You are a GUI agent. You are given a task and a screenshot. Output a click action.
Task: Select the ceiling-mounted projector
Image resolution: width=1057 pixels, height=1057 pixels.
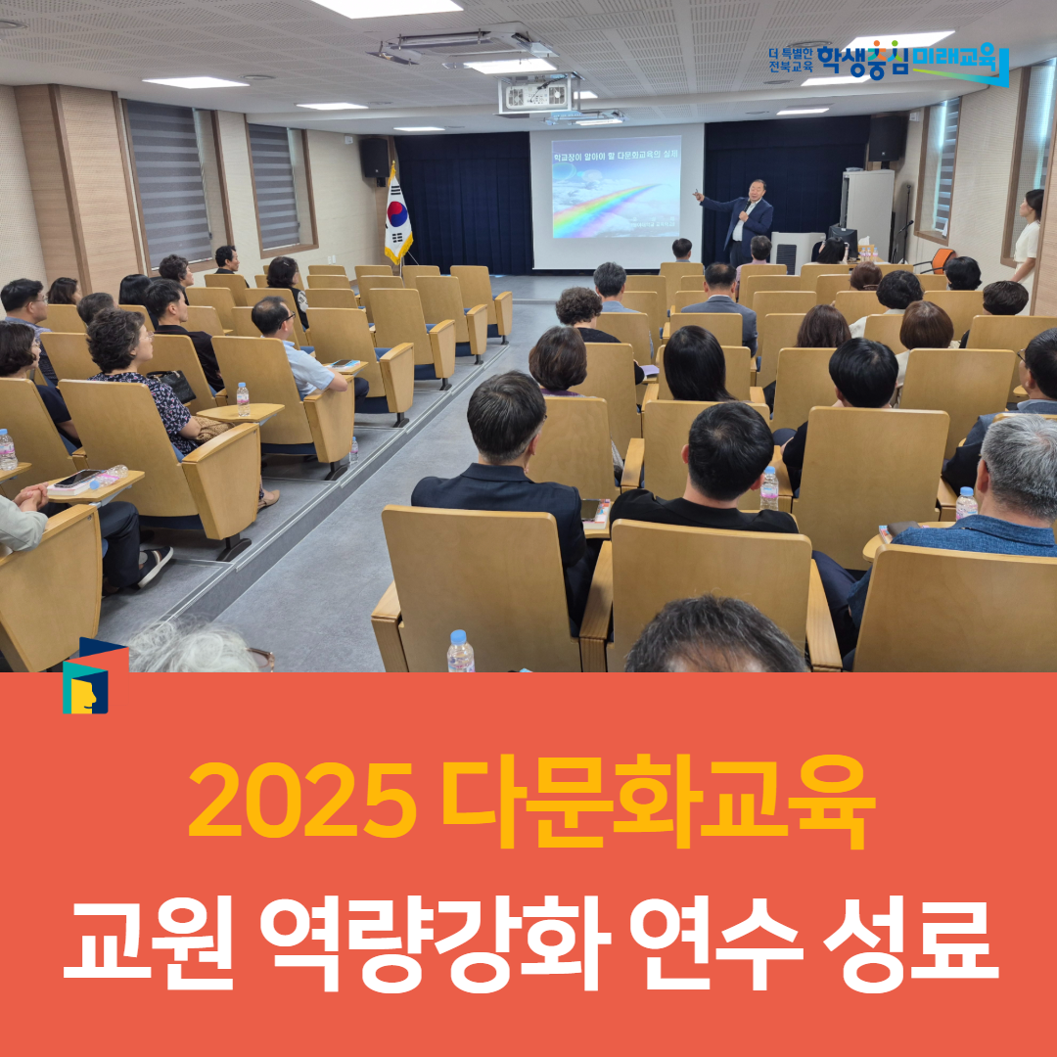pyautogui.click(x=536, y=95)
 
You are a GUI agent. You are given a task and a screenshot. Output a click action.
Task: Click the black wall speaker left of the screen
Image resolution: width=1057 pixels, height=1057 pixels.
pyautogui.click(x=374, y=157)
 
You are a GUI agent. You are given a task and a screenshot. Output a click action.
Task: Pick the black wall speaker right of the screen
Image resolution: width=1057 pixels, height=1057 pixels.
pyautogui.click(x=887, y=137)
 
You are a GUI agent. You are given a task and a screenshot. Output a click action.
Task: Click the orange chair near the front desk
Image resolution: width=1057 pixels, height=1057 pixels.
pyautogui.click(x=941, y=259)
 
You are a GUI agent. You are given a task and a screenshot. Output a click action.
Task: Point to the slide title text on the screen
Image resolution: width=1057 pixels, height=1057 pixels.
pyautogui.click(x=616, y=157)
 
